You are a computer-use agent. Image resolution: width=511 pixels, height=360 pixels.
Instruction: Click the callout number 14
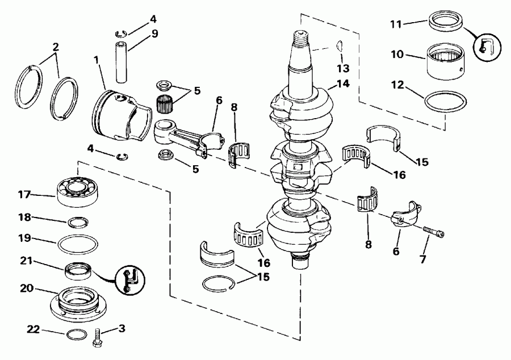(x=342, y=83)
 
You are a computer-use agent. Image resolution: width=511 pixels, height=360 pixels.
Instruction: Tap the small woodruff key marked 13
(x=338, y=46)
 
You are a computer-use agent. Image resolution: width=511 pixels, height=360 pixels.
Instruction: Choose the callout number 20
(x=26, y=288)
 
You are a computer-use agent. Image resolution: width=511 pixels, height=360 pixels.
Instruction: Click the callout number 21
(x=26, y=261)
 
